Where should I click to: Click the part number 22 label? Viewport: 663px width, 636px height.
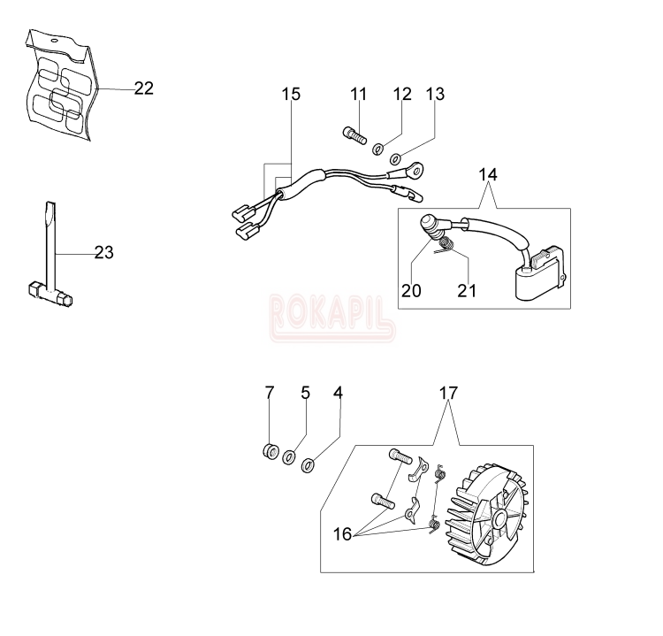pyautogui.click(x=144, y=88)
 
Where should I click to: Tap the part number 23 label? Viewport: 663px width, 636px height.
pyautogui.click(x=104, y=253)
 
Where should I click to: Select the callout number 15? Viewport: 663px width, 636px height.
pyautogui.click(x=291, y=94)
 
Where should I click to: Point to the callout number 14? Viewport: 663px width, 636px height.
pyautogui.click(x=488, y=174)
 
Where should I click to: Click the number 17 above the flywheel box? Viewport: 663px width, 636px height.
pyautogui.click(x=448, y=393)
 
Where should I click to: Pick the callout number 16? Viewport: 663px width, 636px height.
pyautogui.click(x=342, y=534)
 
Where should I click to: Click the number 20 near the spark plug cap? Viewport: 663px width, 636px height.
pyautogui.click(x=411, y=291)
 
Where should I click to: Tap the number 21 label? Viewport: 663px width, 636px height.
pyautogui.click(x=467, y=291)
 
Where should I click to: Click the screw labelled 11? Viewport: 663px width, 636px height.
pyautogui.click(x=354, y=135)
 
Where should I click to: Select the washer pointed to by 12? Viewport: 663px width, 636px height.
pyautogui.click(x=377, y=149)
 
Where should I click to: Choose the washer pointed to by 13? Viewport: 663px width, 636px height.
pyautogui.click(x=396, y=159)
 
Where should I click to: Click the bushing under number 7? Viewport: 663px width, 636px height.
pyautogui.click(x=271, y=450)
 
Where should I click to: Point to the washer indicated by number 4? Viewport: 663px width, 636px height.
pyautogui.click(x=308, y=465)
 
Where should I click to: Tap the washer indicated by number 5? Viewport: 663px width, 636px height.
pyautogui.click(x=289, y=457)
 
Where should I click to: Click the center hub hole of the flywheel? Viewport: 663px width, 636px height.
pyautogui.click(x=499, y=517)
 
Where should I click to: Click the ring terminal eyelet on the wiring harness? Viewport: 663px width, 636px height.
pyautogui.click(x=418, y=170)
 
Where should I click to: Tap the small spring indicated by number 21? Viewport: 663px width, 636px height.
pyautogui.click(x=446, y=245)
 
